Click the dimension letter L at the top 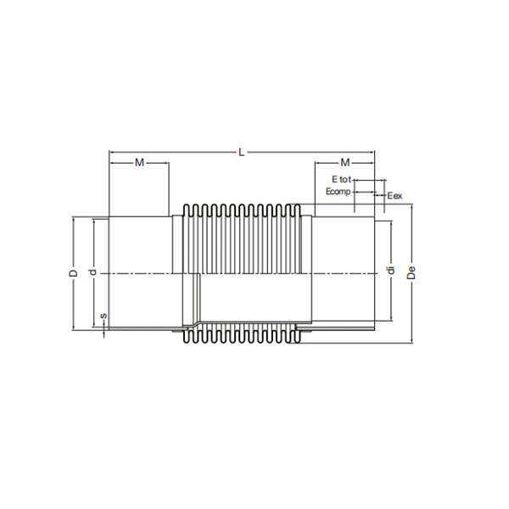[x=242, y=152]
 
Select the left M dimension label [x=140, y=161]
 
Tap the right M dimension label [x=344, y=161]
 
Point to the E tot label [x=340, y=180]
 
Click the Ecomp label [x=338, y=193]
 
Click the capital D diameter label [x=74, y=272]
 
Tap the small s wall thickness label [x=103, y=317]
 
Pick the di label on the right [x=390, y=271]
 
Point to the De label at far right [x=411, y=272]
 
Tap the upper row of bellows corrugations [x=241, y=212]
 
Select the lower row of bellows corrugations [x=241, y=335]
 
